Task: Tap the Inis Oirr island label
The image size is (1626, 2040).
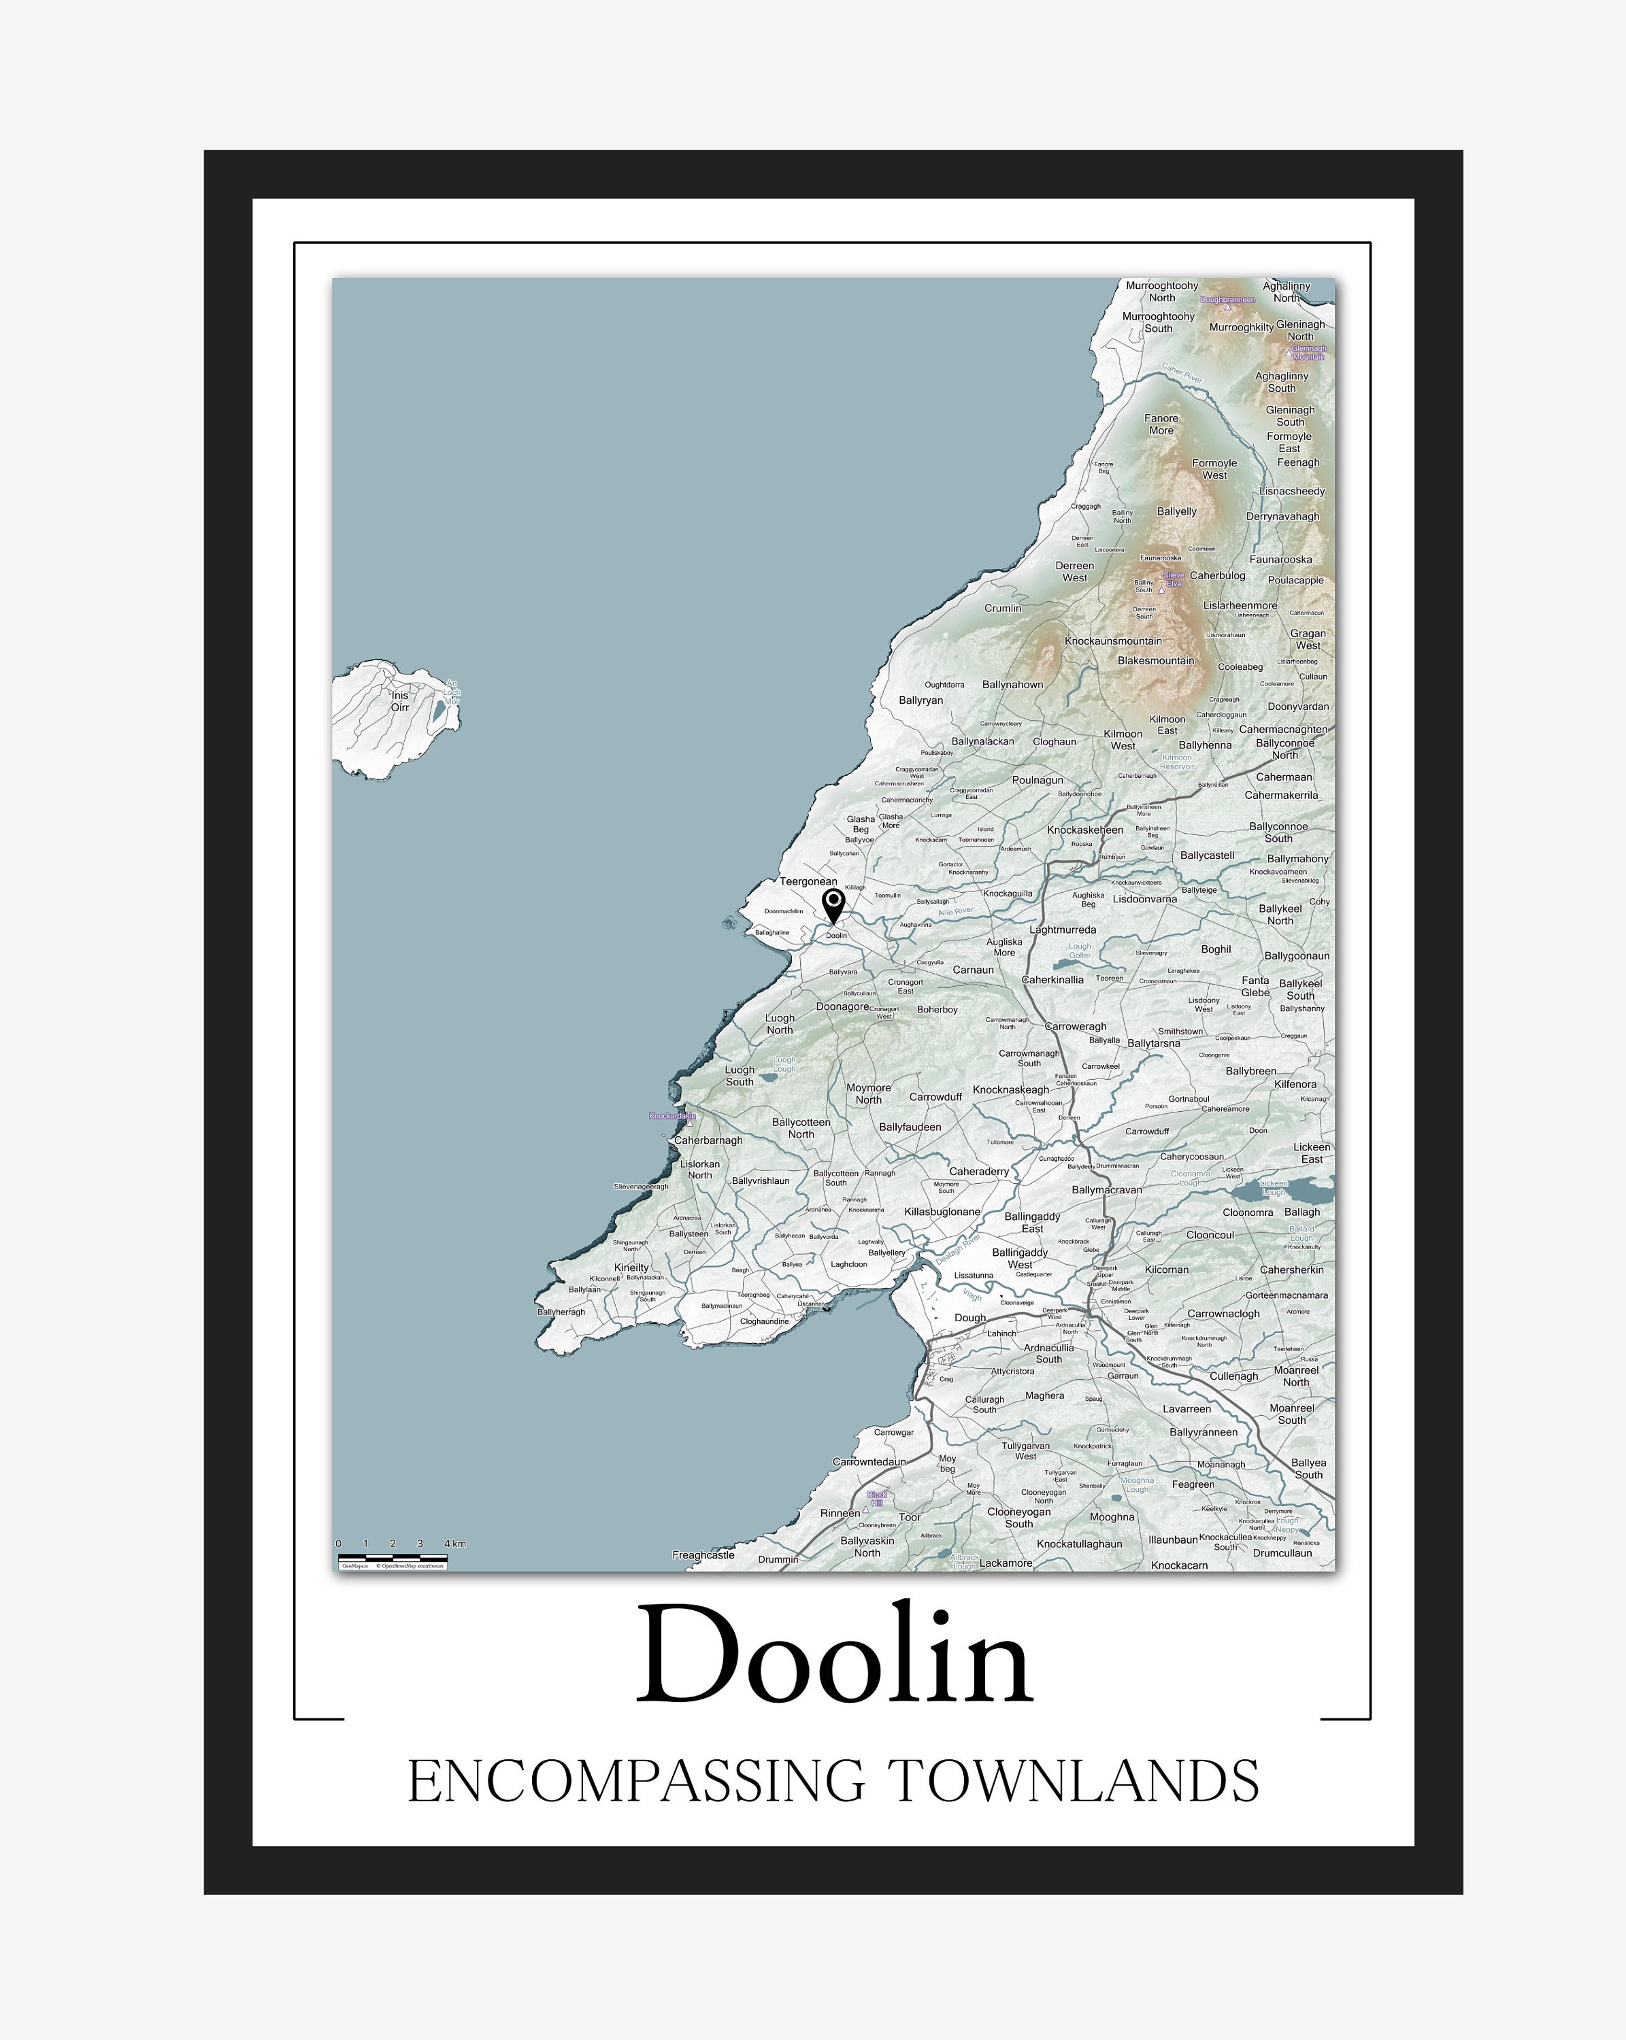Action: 400,701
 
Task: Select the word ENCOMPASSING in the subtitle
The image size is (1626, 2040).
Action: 636,1782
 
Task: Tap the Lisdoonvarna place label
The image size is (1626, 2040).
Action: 1144,899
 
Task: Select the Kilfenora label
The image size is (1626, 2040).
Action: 1295,1085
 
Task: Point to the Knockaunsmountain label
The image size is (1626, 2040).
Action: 1113,641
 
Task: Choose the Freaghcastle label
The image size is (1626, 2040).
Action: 703,1554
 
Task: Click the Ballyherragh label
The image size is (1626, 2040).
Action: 561,1312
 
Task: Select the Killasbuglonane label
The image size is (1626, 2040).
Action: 942,1212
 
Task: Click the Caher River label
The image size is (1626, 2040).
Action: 1181,374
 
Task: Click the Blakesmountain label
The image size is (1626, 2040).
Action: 1156,660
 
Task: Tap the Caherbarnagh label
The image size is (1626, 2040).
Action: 708,1140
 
